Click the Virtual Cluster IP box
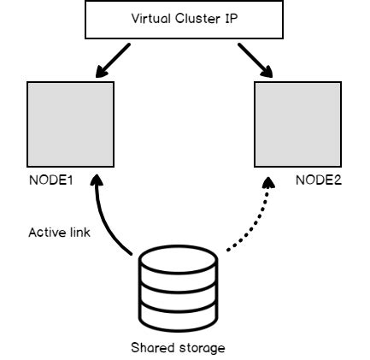185,19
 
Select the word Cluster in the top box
197,19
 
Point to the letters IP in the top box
232,19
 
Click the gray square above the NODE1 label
71,125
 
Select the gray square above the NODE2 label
297,125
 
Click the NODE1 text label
49,182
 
